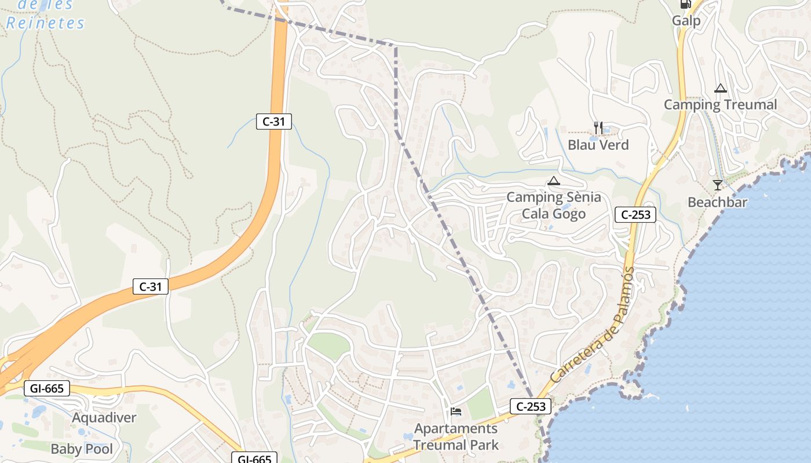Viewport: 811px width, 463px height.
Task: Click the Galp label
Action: (686, 21)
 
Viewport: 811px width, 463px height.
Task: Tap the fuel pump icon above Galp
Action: (686, 3)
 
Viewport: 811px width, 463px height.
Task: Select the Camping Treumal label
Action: (720, 105)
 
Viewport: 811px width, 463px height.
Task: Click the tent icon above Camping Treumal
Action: (721, 89)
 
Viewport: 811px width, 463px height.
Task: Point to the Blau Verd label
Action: (598, 145)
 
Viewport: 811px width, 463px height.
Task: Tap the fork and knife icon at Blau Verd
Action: (598, 128)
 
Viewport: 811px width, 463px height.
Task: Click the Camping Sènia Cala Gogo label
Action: (553, 205)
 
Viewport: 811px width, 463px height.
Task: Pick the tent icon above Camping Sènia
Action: (554, 181)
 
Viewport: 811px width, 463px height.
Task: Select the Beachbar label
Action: (717, 203)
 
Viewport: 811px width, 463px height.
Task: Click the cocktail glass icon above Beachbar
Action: (718, 185)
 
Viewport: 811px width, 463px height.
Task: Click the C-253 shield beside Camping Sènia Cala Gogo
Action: (635, 215)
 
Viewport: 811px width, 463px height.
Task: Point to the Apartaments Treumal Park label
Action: (456, 437)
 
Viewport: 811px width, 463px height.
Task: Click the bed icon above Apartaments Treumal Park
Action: (456, 412)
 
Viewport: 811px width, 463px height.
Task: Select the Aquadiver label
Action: (104, 418)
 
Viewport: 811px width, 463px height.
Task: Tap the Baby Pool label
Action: (82, 449)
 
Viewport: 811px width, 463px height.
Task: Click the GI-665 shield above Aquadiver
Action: (47, 388)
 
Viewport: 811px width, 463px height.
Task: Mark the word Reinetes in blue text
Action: (45, 23)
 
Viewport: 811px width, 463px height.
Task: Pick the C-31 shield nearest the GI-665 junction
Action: (151, 286)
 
